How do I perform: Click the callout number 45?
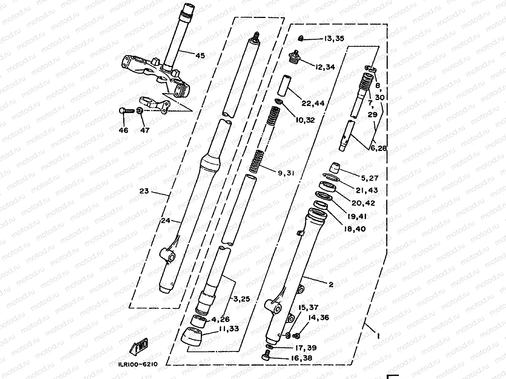pyautogui.click(x=200, y=56)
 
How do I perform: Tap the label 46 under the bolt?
pyautogui.click(x=123, y=130)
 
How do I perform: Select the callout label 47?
pyautogui.click(x=145, y=130)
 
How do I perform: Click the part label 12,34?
pyautogui.click(x=325, y=67)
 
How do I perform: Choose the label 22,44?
pyautogui.click(x=313, y=103)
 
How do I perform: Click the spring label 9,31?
pyautogui.click(x=286, y=173)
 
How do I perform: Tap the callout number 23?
pyautogui.click(x=144, y=191)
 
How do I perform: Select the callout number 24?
pyautogui.click(x=165, y=221)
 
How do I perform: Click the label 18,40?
pyautogui.click(x=355, y=229)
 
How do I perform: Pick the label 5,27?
pyautogui.click(x=369, y=178)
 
